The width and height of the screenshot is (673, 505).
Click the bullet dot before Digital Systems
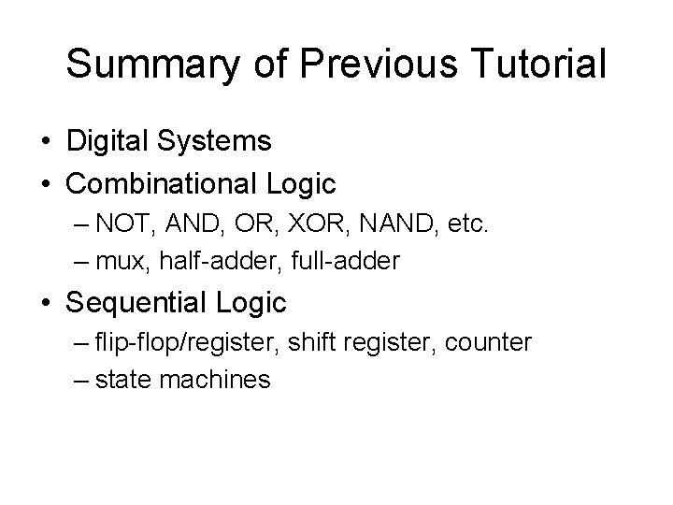pyautogui.click(x=46, y=142)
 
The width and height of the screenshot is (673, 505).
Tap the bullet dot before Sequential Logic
pyautogui.click(x=46, y=303)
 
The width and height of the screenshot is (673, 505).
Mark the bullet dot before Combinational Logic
pyautogui.click(x=46, y=184)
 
